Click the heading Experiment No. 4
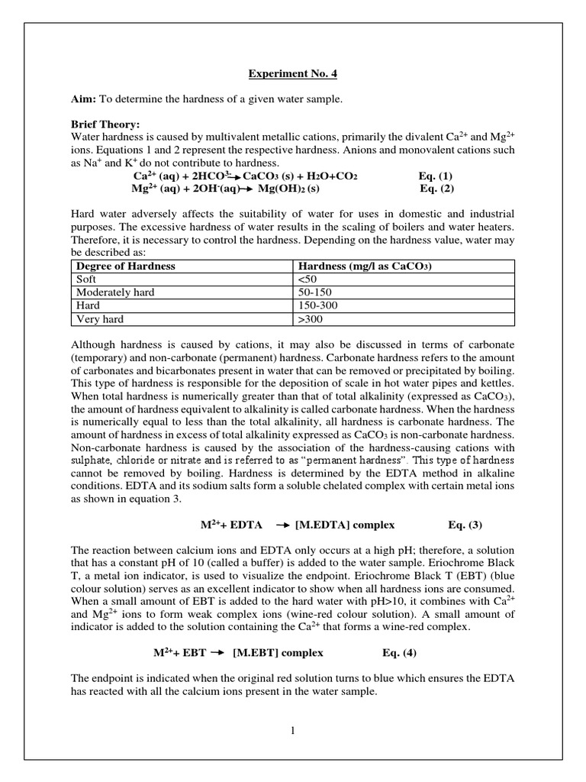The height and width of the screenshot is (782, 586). coord(293,74)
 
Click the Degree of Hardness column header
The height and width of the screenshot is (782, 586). coord(124,266)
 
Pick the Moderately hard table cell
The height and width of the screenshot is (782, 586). coord(112,292)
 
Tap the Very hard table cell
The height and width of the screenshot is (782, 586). coord(98,318)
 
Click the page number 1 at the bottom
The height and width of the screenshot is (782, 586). coord(292,730)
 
